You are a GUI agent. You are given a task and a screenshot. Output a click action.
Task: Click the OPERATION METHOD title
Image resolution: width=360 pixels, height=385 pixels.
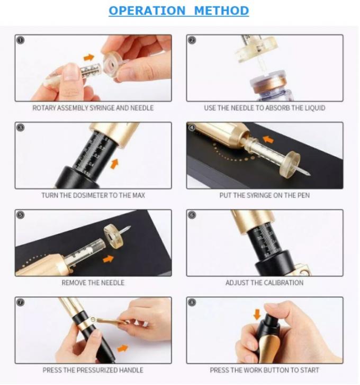pyautogui.click(x=178, y=11)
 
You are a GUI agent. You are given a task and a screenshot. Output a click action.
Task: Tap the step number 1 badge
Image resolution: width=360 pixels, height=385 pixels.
pyautogui.click(x=21, y=40)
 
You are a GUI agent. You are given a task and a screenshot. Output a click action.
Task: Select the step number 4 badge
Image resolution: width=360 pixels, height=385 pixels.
pyautogui.click(x=192, y=128)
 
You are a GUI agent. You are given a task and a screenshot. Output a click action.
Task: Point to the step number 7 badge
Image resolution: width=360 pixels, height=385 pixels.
pyautogui.click(x=21, y=302)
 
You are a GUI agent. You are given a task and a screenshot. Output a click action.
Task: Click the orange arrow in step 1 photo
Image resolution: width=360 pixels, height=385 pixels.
pyautogui.click(x=88, y=57)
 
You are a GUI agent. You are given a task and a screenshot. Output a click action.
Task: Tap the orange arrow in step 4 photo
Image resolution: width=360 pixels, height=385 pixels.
pyautogui.click(x=269, y=140)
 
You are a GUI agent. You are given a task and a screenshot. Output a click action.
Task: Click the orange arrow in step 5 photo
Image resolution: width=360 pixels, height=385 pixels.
pyautogui.click(x=107, y=259)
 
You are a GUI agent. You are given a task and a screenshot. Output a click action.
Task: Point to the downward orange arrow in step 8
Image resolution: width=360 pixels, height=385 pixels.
pyautogui.click(x=257, y=315)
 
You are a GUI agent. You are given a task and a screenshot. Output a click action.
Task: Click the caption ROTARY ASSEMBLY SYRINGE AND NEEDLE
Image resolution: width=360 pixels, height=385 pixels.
pyautogui.click(x=93, y=108)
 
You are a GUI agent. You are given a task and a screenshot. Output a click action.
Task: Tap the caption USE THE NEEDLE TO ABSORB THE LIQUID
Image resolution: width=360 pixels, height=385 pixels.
pyautogui.click(x=264, y=108)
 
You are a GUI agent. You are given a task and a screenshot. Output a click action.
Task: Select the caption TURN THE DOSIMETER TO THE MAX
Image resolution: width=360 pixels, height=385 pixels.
pyautogui.click(x=93, y=195)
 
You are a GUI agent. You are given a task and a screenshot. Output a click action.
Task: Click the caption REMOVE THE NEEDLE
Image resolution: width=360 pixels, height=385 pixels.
pyautogui.click(x=93, y=283)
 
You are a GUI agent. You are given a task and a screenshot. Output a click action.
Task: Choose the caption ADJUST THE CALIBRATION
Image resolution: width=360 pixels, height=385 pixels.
pyautogui.click(x=264, y=283)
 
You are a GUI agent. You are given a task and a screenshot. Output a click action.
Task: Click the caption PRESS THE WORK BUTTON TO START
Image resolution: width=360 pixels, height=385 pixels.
pyautogui.click(x=264, y=370)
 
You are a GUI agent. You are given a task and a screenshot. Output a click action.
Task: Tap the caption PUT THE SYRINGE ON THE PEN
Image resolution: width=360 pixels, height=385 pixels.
pyautogui.click(x=264, y=195)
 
